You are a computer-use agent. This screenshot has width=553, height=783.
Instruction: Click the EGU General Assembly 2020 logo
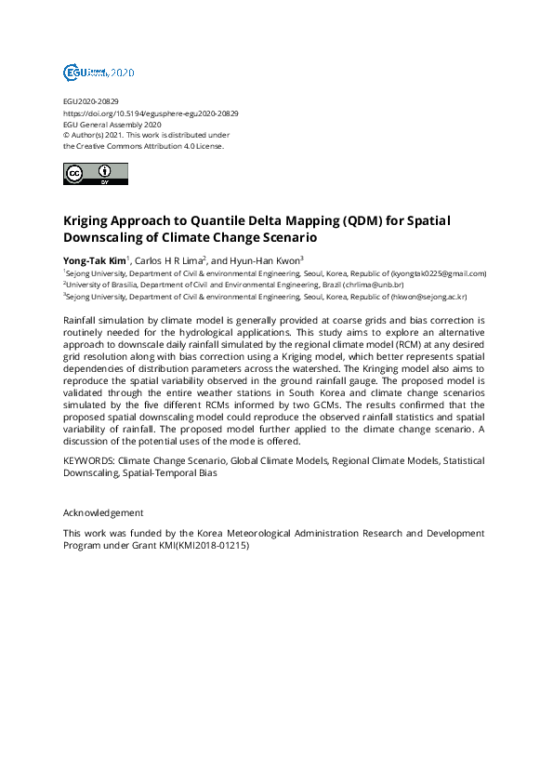99,72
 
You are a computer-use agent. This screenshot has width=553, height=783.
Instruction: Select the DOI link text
151,113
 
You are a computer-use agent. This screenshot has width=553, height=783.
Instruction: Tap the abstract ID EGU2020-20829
90,101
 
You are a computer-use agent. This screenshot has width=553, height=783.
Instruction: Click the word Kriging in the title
92,222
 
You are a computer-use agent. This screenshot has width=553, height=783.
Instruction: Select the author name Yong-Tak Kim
92,260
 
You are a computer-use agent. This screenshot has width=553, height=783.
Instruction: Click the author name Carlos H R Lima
167,260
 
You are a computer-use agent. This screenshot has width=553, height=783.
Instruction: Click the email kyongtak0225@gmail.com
438,273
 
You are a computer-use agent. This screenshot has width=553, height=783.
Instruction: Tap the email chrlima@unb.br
374,285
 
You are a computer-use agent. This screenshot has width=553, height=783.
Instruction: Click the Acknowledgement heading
103,512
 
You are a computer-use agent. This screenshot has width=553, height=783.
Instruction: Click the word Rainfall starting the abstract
81,320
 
